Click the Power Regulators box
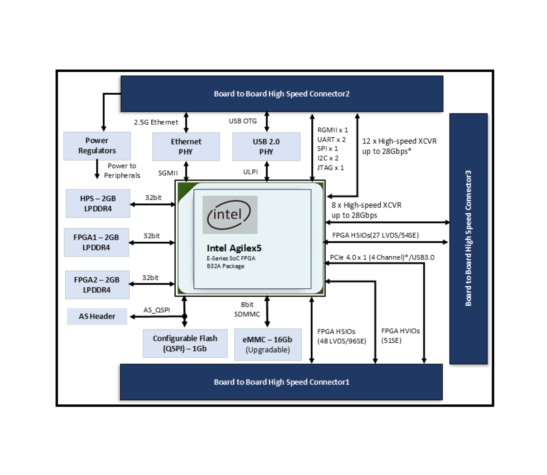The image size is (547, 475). (97, 146)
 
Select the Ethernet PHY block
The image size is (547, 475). (186, 147)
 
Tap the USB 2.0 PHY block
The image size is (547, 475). (266, 147)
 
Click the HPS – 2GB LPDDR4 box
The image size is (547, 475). (98, 203)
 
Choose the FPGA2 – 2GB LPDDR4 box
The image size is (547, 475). (97, 285)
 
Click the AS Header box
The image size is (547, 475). (97, 316)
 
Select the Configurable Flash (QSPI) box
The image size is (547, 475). (185, 343)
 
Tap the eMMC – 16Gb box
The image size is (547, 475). (268, 344)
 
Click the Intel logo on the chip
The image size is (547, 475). (230, 215)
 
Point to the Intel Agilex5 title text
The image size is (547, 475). (234, 248)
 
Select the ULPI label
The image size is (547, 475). (250, 172)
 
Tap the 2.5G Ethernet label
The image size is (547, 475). (156, 122)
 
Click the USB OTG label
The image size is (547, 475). (243, 121)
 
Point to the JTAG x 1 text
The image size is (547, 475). (330, 168)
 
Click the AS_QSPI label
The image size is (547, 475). (157, 310)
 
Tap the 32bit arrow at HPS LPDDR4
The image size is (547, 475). (153, 204)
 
